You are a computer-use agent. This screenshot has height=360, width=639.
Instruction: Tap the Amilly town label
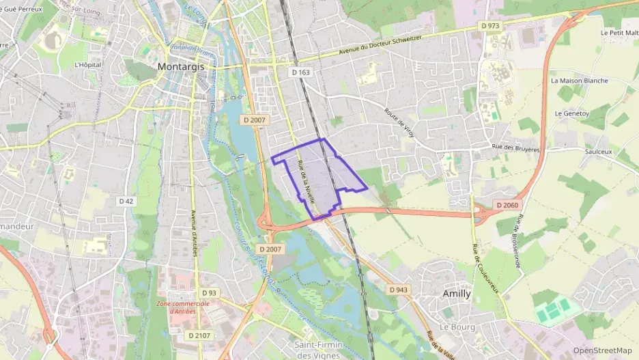pyautogui.click(x=457, y=294)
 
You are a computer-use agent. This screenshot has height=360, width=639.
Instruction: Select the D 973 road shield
pyautogui.click(x=490, y=26)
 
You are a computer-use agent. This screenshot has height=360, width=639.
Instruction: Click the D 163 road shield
pyautogui.click(x=300, y=72)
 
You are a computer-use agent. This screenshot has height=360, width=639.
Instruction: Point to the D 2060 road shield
pyautogui.click(x=508, y=205)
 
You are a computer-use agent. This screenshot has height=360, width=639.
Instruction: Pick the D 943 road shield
pyautogui.click(x=399, y=290)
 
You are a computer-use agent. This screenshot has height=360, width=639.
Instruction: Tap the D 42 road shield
pyautogui.click(x=126, y=201)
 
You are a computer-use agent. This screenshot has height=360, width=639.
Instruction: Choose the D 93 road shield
pyautogui.click(x=209, y=293)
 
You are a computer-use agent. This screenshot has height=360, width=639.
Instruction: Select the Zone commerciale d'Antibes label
pyautogui.click(x=182, y=307)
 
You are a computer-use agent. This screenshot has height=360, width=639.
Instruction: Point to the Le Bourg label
pyautogui.click(x=457, y=327)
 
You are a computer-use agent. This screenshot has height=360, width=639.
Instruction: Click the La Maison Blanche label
pyautogui.click(x=579, y=81)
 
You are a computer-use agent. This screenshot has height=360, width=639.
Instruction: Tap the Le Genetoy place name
pyautogui.click(x=571, y=113)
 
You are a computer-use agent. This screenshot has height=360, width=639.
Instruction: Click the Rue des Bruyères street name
pyautogui.click(x=516, y=148)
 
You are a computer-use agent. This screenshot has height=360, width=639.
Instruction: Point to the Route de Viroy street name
pyautogui.click(x=399, y=121)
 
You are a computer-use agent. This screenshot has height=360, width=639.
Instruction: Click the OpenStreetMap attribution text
pyautogui.click(x=602, y=350)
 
